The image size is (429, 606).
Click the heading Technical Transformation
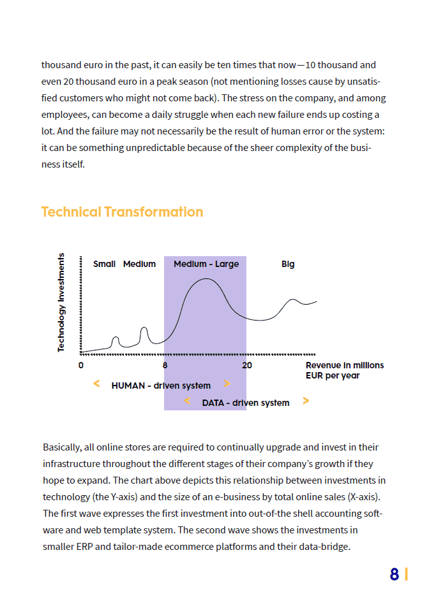click(x=122, y=212)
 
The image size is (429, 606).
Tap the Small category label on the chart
click(x=104, y=264)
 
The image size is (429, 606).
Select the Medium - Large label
click(x=206, y=264)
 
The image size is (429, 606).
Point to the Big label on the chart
click(x=288, y=264)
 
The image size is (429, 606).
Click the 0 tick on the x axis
click(x=81, y=365)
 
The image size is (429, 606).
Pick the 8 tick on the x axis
click(x=165, y=365)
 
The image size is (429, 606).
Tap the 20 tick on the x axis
click(x=247, y=365)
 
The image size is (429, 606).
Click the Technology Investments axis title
click(x=61, y=302)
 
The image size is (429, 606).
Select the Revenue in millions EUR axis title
click(x=345, y=370)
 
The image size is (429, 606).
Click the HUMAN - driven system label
click(x=161, y=386)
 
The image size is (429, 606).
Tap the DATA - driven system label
click(x=246, y=403)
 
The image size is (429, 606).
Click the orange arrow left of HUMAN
click(x=97, y=384)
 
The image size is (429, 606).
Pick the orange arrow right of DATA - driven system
click(x=306, y=400)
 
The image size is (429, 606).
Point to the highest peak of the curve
click(x=206, y=278)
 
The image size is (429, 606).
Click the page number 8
click(x=394, y=574)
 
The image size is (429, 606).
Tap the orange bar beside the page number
click(x=406, y=574)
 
